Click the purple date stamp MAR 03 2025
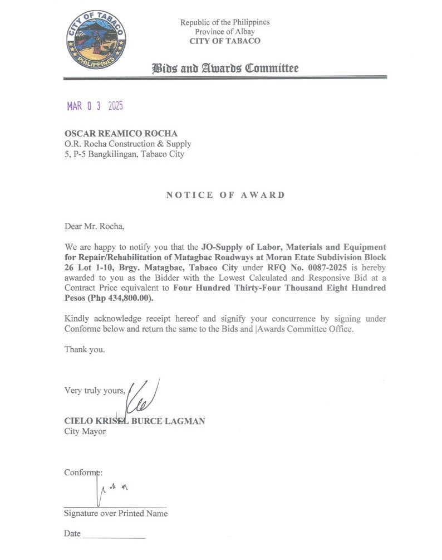95,106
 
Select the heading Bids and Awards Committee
225,69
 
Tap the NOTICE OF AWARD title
225,195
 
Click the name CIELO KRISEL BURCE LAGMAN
135,421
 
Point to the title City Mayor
85,431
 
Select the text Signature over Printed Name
116,513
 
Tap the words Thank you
84,350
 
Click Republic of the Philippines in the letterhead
225,22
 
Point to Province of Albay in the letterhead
225,32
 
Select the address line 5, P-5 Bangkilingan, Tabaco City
124,154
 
